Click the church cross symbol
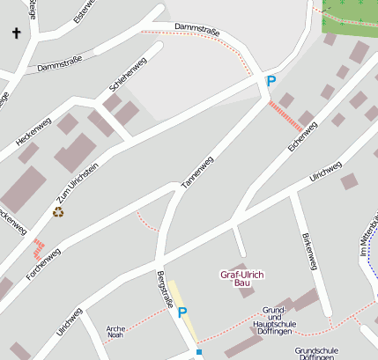coord(16,33)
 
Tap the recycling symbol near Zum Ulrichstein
coord(58,211)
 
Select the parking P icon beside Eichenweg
coord(271,81)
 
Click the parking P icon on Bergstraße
coord(182,312)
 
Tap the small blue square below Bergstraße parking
coord(199,352)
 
